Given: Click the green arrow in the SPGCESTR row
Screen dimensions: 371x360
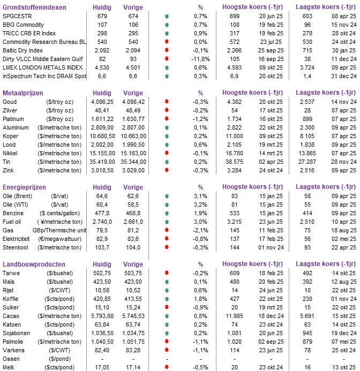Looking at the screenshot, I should pos(167,17).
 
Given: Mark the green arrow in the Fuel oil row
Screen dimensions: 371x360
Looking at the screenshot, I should pos(167,221).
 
